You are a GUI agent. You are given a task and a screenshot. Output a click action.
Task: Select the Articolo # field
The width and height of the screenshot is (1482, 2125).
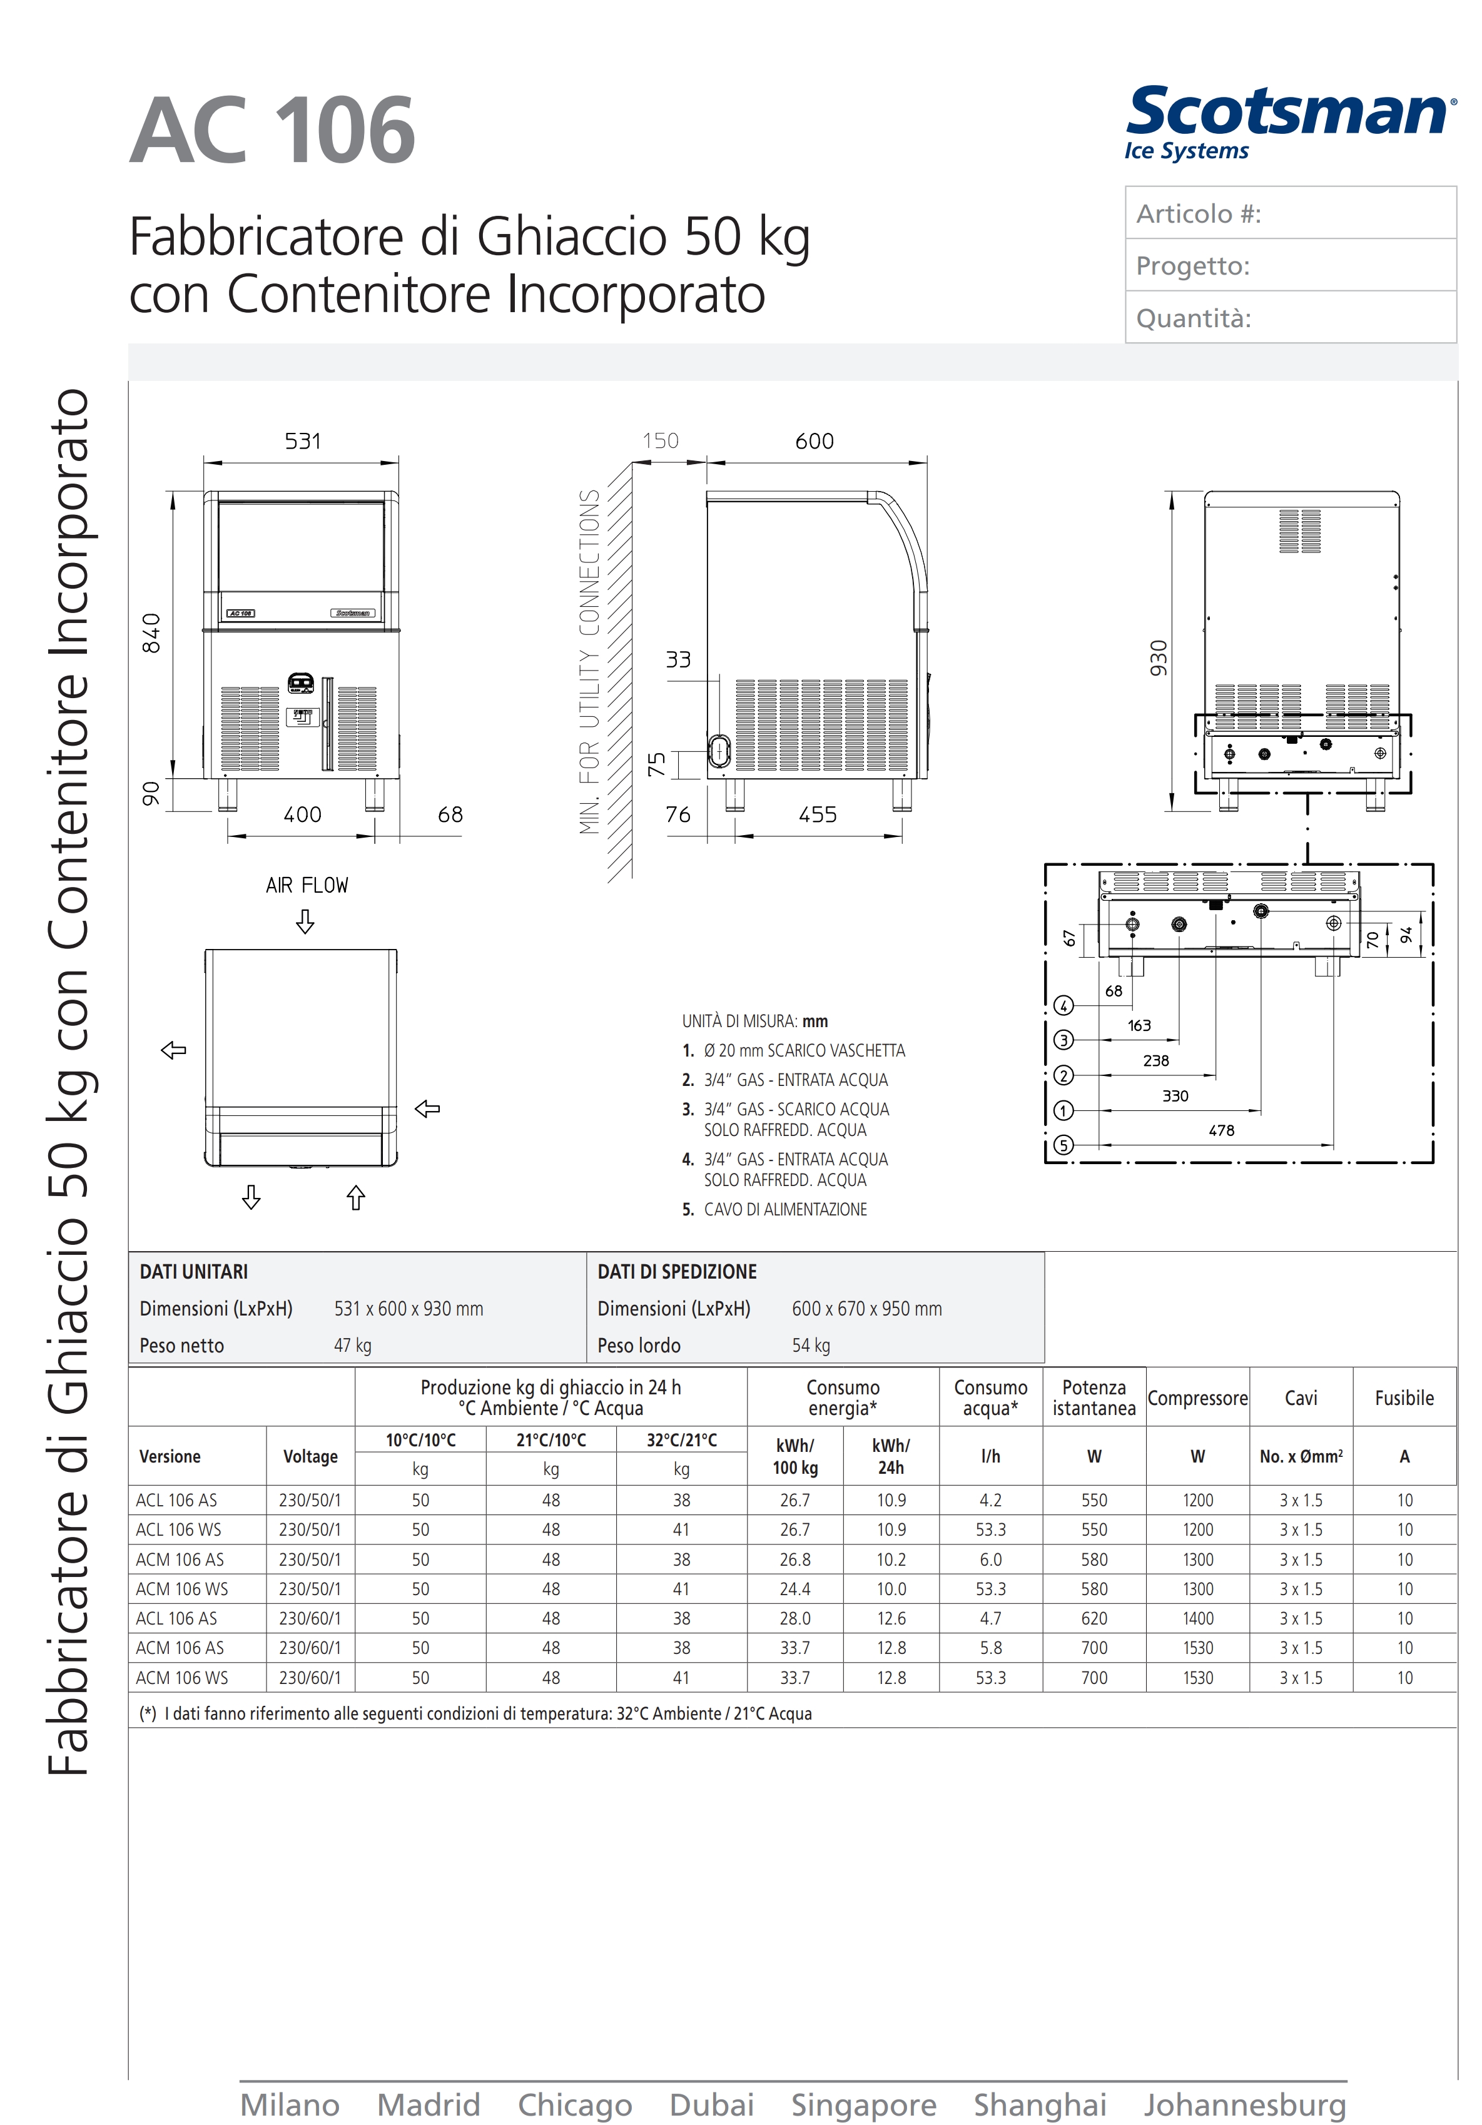point(1291,213)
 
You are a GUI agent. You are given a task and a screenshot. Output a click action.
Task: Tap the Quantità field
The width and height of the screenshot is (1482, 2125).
point(1291,317)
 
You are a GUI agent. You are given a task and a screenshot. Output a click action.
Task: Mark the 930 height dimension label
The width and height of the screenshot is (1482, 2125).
point(1158,658)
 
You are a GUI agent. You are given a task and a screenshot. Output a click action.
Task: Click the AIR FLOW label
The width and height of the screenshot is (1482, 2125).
point(307,886)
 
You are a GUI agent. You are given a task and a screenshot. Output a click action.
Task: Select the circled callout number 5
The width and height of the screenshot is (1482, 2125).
point(1063,1145)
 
